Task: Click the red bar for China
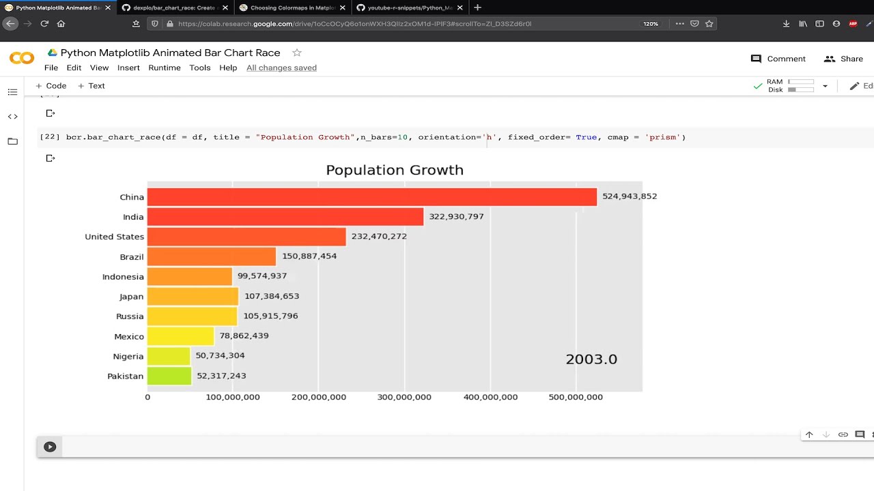pyautogui.click(x=371, y=197)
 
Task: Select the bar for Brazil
pyautogui.click(x=211, y=256)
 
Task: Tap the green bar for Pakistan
pyautogui.click(x=169, y=376)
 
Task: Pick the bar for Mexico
pyautogui.click(x=180, y=336)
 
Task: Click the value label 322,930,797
pyautogui.click(x=456, y=217)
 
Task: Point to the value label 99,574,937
pyautogui.click(x=262, y=276)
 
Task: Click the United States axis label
pyautogui.click(x=114, y=237)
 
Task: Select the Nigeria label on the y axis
pyautogui.click(x=128, y=356)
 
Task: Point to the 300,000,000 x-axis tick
pyautogui.click(x=404, y=397)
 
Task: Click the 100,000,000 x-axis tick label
pyautogui.click(x=233, y=397)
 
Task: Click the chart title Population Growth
pyautogui.click(x=394, y=170)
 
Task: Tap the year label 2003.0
pyautogui.click(x=591, y=359)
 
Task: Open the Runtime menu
pyautogui.click(x=165, y=68)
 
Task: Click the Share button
pyautogui.click(x=843, y=59)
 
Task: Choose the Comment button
pyautogui.click(x=778, y=59)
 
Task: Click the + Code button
pyautogui.click(x=51, y=86)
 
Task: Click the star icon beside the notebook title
pyautogui.click(x=296, y=53)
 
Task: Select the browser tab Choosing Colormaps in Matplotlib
pyautogui.click(x=292, y=8)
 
